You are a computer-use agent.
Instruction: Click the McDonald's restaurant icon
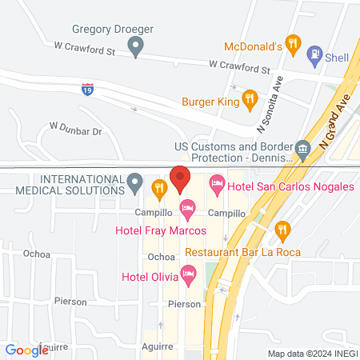click(x=293, y=46)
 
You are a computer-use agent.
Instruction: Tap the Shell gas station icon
click(x=314, y=55)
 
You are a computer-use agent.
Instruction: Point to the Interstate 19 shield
click(x=86, y=89)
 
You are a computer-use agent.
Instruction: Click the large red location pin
click(x=180, y=178)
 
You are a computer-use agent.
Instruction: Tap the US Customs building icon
click(x=302, y=149)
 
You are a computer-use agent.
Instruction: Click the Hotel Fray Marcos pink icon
click(x=187, y=210)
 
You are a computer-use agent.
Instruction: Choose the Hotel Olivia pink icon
click(x=189, y=277)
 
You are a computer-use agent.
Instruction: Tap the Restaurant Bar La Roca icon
click(x=282, y=232)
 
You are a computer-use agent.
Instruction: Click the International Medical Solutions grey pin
click(x=135, y=185)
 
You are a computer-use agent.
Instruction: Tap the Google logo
click(x=26, y=350)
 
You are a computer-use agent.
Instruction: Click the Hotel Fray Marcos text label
click(x=160, y=230)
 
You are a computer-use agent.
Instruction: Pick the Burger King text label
click(x=211, y=102)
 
